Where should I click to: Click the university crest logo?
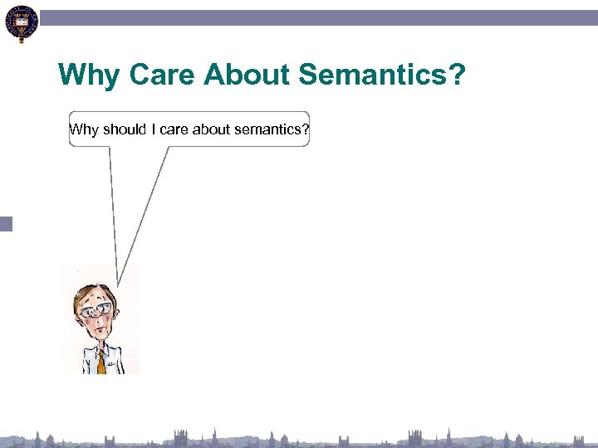20,24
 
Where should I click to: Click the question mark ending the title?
457,76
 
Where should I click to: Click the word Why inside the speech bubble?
84,129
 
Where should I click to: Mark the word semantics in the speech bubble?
268,129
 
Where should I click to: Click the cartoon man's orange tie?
101,363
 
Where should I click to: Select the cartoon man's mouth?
100,332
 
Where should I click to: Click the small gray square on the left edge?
7,223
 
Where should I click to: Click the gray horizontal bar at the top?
316,17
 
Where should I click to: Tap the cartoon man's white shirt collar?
93,352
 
